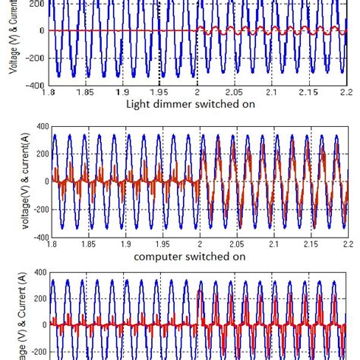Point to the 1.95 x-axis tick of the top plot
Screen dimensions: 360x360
(159, 92)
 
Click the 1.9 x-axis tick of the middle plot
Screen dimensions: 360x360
(125, 244)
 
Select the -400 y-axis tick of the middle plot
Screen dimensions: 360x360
(39, 237)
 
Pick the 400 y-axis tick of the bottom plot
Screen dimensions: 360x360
(40, 273)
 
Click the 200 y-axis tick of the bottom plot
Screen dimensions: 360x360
(40, 298)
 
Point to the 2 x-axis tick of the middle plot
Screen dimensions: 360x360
(199, 244)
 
